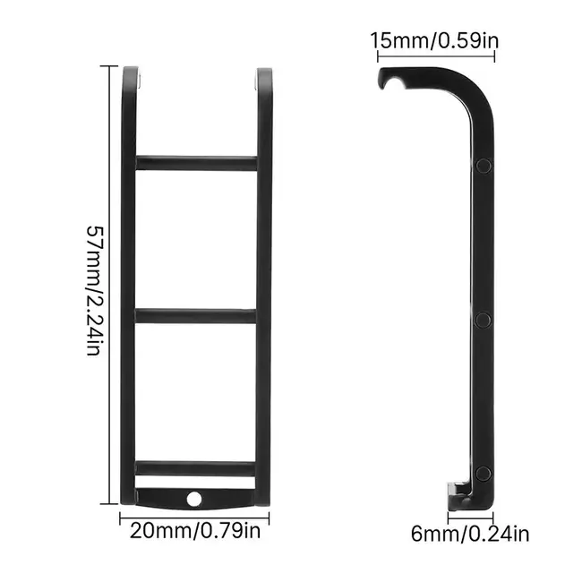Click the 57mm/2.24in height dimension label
click(93, 291)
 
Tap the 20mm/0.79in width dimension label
click(195, 531)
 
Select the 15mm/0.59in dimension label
click(434, 40)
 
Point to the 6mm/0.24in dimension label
click(470, 535)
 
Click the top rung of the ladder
click(196, 163)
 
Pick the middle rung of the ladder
click(195, 316)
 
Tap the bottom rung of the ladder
click(195, 468)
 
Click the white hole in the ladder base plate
click(194, 499)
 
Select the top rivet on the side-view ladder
click(484, 166)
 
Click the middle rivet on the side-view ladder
click(484, 320)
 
